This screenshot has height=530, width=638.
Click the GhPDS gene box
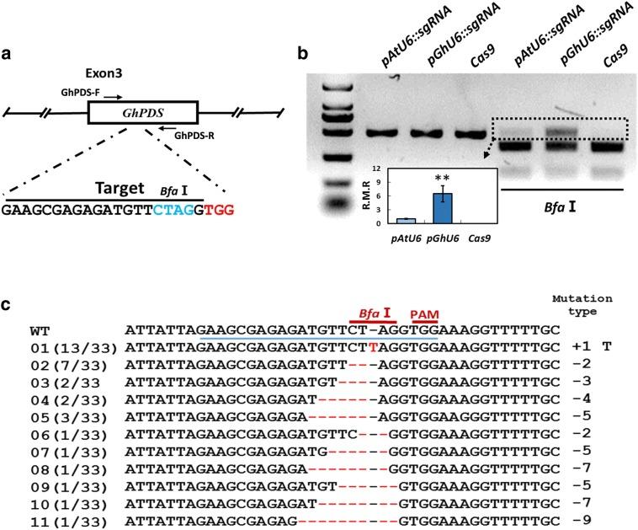point(142,112)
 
